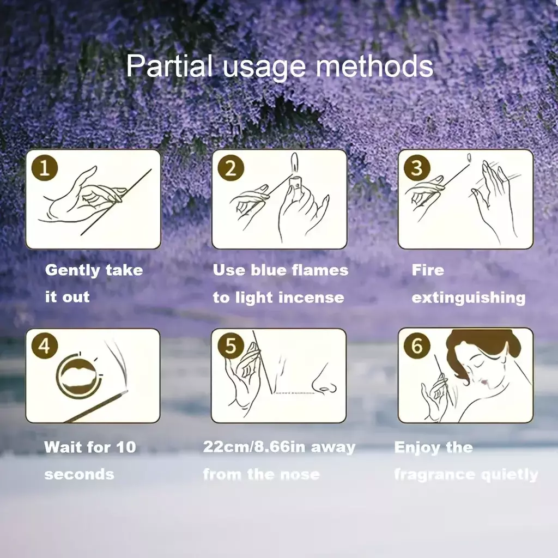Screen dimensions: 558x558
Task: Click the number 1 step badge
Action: point(45,167)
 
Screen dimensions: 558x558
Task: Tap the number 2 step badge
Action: point(231,168)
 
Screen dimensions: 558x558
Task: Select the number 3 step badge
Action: point(417,168)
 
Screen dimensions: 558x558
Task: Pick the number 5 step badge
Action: point(231,345)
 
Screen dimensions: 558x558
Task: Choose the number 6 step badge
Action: point(417,345)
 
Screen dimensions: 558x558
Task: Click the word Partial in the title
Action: point(169,65)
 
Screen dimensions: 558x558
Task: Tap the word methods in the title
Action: point(374,65)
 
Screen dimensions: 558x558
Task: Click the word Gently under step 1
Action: point(72,270)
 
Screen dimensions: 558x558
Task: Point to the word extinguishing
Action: point(468,298)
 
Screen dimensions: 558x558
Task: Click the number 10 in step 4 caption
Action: point(126,447)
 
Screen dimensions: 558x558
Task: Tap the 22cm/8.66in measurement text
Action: point(254,447)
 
